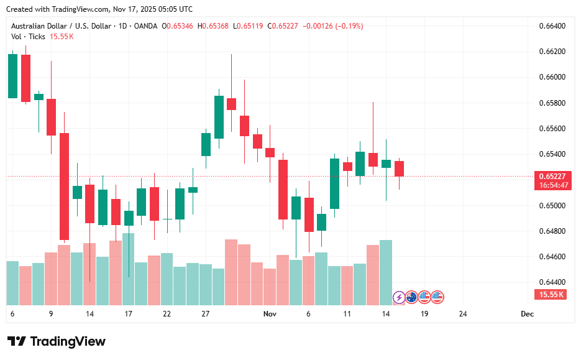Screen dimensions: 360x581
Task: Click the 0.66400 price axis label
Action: pos(552,26)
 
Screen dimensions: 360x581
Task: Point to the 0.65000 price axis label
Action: pos(552,205)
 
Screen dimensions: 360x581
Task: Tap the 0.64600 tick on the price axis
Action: pos(552,256)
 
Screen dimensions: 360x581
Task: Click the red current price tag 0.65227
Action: pos(552,177)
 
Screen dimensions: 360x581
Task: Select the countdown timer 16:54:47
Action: pos(552,185)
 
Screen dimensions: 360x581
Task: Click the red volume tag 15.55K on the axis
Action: pos(552,295)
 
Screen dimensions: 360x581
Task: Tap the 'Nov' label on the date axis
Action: pos(270,315)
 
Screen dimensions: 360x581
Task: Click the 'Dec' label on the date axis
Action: pos(527,315)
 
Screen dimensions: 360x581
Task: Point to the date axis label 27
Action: pos(206,315)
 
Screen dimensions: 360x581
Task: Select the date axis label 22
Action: pos(167,315)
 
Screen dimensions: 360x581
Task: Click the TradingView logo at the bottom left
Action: pos(57,341)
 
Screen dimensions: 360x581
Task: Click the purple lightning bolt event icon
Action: pos(398,297)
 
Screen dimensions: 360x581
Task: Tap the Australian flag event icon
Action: pos(411,297)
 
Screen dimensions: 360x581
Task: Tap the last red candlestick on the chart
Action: pos(399,168)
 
